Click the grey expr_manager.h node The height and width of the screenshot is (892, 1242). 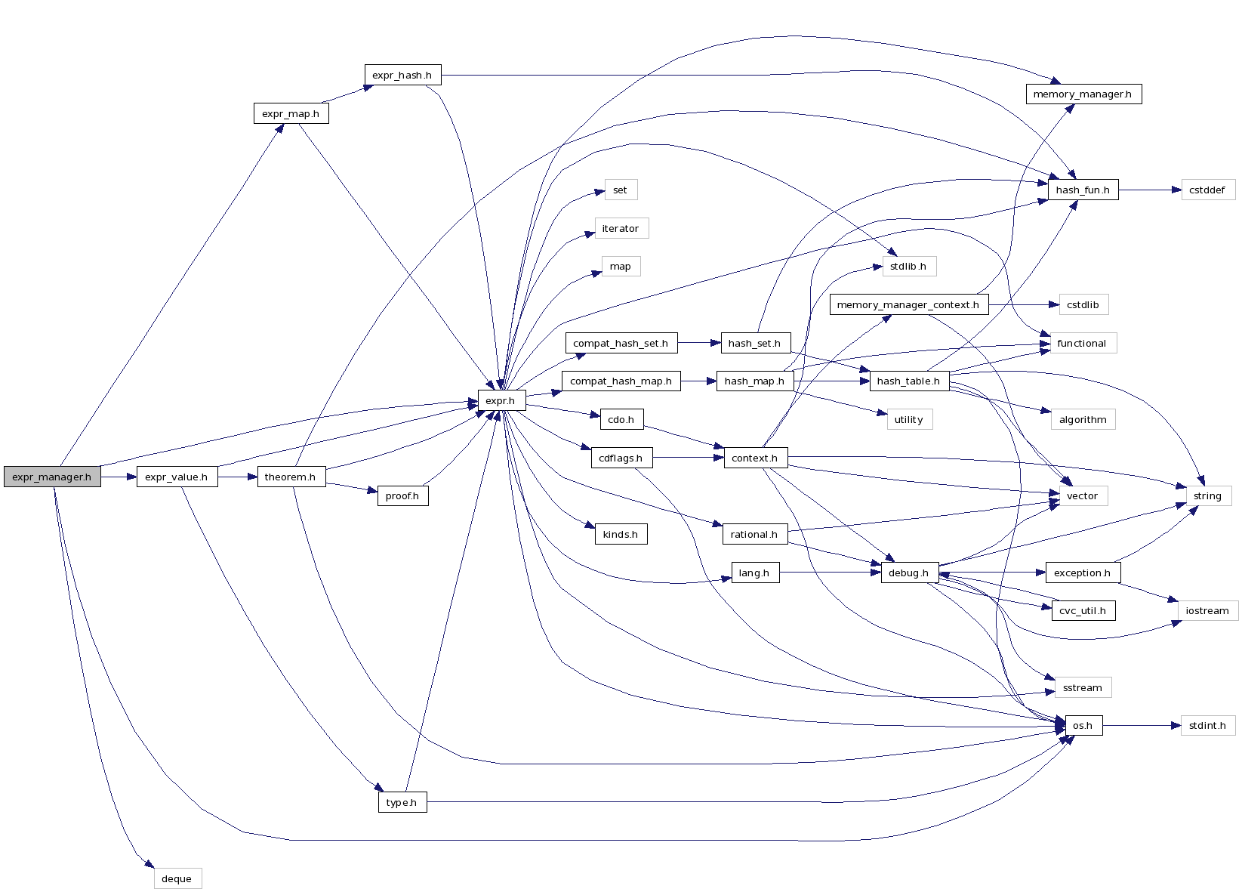pos(51,477)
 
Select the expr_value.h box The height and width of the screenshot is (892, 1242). pos(177,477)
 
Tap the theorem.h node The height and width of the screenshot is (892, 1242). pos(291,477)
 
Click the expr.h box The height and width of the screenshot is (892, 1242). pos(501,400)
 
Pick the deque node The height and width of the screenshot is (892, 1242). pos(177,878)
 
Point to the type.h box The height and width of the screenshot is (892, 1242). pos(402,802)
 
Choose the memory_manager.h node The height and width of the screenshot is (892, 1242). pos(1083,94)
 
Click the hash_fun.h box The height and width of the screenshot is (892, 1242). pos(1083,190)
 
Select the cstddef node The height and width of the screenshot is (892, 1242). pos(1207,190)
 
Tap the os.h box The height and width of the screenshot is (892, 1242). pos(1083,725)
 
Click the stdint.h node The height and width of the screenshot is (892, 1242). pos(1207,725)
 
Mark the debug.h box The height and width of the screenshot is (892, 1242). pos(909,573)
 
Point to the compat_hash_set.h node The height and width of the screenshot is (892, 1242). pos(621,343)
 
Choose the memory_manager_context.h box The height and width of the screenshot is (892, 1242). pos(908,304)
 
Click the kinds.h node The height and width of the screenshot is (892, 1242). pos(621,534)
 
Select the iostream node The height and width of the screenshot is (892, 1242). pos(1207,610)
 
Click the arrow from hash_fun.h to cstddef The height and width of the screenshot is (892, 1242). pos(1149,190)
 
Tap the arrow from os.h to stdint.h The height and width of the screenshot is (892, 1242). pos(1141,725)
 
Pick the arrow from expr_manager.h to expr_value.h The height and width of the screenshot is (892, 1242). pos(119,477)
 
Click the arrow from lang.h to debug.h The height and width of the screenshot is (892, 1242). pos(831,573)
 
